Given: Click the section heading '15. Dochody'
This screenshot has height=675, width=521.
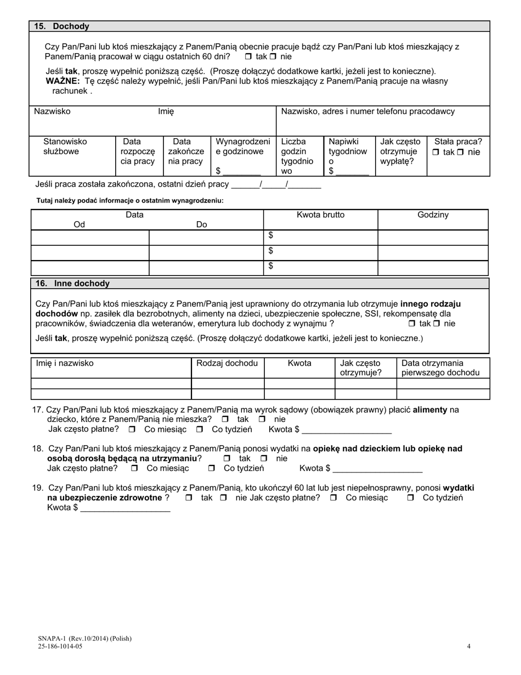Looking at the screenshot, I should click(x=61, y=26).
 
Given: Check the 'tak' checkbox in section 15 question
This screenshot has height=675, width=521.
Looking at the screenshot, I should click(x=248, y=57).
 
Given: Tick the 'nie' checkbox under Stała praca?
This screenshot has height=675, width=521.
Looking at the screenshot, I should click(x=461, y=153).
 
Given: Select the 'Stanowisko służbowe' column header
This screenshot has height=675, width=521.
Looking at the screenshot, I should click(x=65, y=147).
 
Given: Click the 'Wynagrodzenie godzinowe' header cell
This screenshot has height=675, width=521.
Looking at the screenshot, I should click(x=243, y=147).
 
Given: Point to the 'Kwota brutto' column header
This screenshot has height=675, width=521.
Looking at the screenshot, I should click(x=320, y=215).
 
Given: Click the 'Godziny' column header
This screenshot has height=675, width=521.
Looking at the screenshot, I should click(x=433, y=215).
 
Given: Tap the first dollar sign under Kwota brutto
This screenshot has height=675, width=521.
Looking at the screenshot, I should click(x=270, y=235).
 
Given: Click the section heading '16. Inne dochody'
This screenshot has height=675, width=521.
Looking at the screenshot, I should click(x=72, y=284).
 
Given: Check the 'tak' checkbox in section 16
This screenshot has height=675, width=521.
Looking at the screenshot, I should click(x=412, y=324).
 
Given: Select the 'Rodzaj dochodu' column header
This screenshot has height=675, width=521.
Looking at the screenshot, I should click(x=227, y=363).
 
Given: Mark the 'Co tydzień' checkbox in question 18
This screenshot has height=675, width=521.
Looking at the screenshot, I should click(x=212, y=469).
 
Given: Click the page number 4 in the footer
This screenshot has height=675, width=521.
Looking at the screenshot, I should click(x=468, y=646).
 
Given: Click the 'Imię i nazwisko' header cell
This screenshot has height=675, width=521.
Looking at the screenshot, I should click(x=65, y=363).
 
